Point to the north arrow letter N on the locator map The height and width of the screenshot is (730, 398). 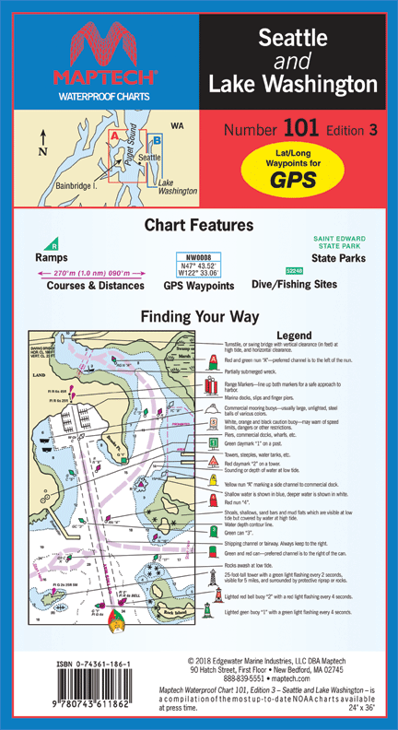[43, 151]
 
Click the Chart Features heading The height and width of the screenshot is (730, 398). [199, 225]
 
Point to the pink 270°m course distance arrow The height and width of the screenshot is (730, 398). [89, 274]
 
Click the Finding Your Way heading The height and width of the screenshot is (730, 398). [199, 316]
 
